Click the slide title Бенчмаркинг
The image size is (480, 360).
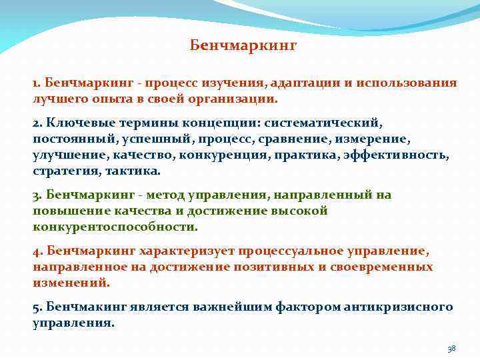click(243, 46)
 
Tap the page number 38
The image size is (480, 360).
click(451, 349)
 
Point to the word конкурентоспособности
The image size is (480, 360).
click(115, 227)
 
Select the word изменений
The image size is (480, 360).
click(71, 283)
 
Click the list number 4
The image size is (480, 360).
click(37, 251)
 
